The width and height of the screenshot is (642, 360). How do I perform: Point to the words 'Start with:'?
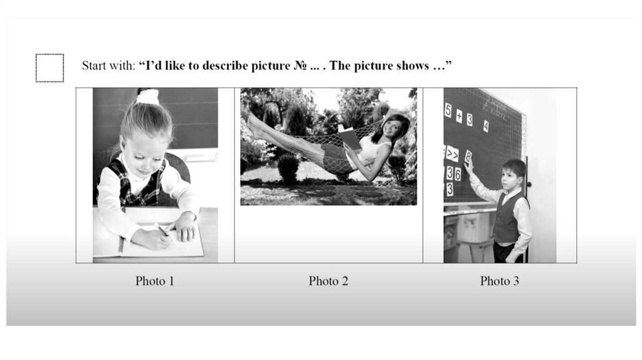(108, 65)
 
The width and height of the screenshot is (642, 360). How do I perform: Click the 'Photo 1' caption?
(155, 281)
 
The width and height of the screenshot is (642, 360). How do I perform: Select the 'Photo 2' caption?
(329, 281)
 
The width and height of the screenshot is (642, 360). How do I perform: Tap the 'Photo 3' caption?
(500, 281)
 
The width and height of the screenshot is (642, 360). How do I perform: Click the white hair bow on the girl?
(147, 96)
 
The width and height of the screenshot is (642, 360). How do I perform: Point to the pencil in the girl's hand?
(163, 230)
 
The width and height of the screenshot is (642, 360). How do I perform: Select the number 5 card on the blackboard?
(448, 110)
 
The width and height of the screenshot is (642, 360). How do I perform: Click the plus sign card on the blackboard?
(459, 116)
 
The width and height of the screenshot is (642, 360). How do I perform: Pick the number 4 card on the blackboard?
(486, 126)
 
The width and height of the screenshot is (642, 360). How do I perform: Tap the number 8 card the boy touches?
(468, 157)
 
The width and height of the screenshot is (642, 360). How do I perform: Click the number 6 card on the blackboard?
(457, 174)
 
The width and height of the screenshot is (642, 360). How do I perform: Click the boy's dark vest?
(507, 218)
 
